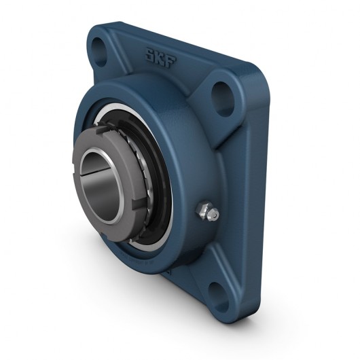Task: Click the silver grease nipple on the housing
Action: coord(208,213)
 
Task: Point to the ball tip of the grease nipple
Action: coord(213,215)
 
